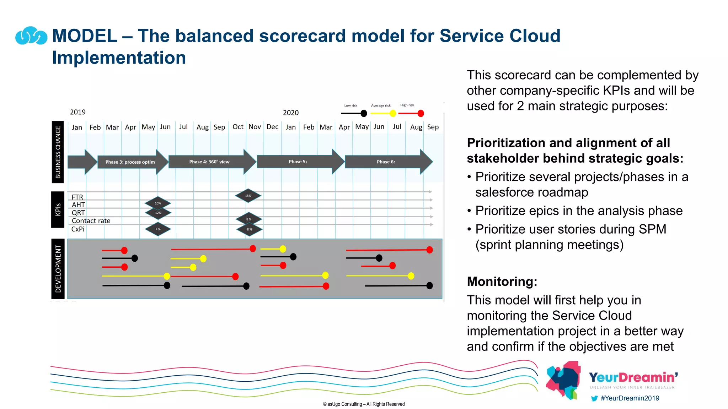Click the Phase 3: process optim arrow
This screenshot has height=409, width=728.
point(130,162)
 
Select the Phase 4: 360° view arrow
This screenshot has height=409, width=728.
point(209,162)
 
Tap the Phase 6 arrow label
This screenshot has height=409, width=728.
point(386,162)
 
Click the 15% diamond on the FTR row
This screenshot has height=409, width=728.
point(248,196)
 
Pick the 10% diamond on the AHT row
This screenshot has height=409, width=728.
point(158,203)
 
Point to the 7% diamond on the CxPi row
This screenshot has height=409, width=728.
point(158,229)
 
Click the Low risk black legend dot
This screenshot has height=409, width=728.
point(364,114)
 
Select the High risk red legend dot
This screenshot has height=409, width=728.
point(421,114)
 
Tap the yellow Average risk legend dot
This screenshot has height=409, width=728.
point(393,114)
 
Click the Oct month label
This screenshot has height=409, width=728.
point(238,127)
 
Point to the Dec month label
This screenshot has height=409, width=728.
point(272,127)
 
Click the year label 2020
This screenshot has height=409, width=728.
point(291,113)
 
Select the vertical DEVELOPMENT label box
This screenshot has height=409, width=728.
point(58,269)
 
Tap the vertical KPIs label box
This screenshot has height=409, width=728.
point(58,209)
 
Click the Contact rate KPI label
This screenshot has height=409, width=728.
point(91,221)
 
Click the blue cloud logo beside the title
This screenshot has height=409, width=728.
point(31,36)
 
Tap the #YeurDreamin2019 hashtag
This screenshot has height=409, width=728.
point(630,398)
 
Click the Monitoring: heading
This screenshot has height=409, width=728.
point(502,282)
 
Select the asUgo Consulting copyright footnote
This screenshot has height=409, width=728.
point(364,404)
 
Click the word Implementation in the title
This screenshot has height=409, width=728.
point(119,58)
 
